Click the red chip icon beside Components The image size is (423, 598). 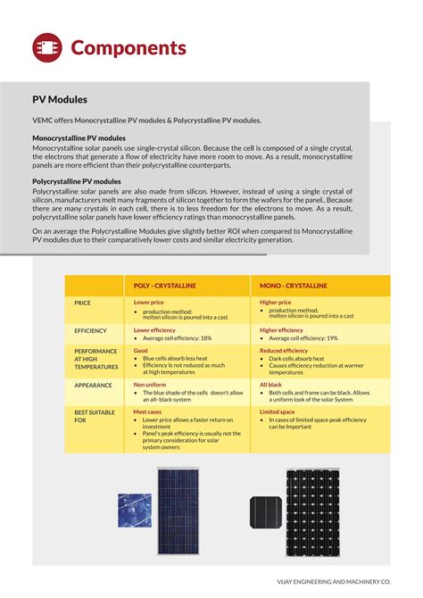pos(47,47)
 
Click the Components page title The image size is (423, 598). pos(128,48)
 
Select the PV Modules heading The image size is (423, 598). pos(60,100)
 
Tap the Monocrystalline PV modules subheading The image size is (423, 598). pos(79,138)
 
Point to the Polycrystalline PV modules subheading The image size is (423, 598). pos(77,181)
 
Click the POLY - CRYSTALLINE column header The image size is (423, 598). pos(165,286)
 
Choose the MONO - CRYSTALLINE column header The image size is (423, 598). pos(294,286)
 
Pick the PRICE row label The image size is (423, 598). pos(83,303)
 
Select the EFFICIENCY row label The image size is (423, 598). pos(90,330)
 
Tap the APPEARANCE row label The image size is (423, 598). pos(93,385)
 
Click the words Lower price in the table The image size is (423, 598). pos(149,303)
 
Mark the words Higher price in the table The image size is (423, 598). pos(276,303)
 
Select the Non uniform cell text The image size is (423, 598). pos(150,385)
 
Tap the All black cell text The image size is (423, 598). pos(270,385)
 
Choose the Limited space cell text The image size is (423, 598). pos(278,412)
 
